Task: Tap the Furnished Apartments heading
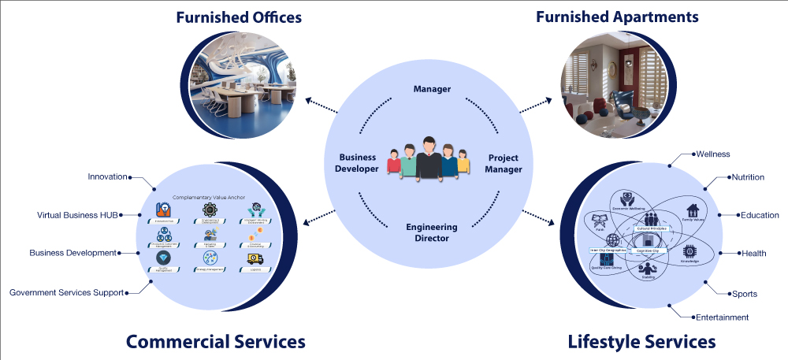pyautogui.click(x=617, y=17)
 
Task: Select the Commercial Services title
pyautogui.click(x=215, y=341)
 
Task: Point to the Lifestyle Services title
pyautogui.click(x=641, y=341)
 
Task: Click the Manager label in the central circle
pyautogui.click(x=432, y=89)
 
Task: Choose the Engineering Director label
pyautogui.click(x=432, y=232)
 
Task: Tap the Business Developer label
pyautogui.click(x=358, y=162)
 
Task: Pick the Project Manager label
pyautogui.click(x=504, y=162)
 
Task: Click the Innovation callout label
pyautogui.click(x=108, y=176)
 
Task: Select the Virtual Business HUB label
pyautogui.click(x=77, y=214)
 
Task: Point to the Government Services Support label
pyautogui.click(x=66, y=292)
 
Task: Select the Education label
pyautogui.click(x=760, y=215)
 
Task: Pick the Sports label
pyautogui.click(x=744, y=294)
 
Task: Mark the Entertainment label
pyautogui.click(x=722, y=317)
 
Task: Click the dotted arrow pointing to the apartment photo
pyautogui.click(x=537, y=104)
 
